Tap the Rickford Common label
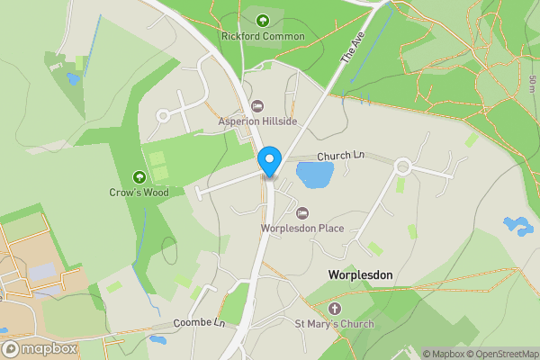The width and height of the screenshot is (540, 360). pos(263,37)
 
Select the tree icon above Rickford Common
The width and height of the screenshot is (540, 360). pos(263,21)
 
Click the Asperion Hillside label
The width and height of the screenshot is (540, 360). pos(258,121)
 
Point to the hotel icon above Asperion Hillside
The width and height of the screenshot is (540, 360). pos(258,106)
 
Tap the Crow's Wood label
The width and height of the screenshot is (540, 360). pos(139,192)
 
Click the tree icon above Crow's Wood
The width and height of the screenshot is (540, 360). pos(139,176)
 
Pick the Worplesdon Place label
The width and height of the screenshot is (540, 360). pos(302,229)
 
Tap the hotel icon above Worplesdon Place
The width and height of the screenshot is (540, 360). pos(302,213)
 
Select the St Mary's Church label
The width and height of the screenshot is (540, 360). pos(335,324)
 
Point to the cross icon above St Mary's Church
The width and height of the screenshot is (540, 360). pos(335,309)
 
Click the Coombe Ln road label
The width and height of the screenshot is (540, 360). pos(199,322)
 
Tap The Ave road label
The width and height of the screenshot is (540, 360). pos(350,48)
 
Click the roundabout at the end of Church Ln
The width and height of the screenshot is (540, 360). pos(401,166)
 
